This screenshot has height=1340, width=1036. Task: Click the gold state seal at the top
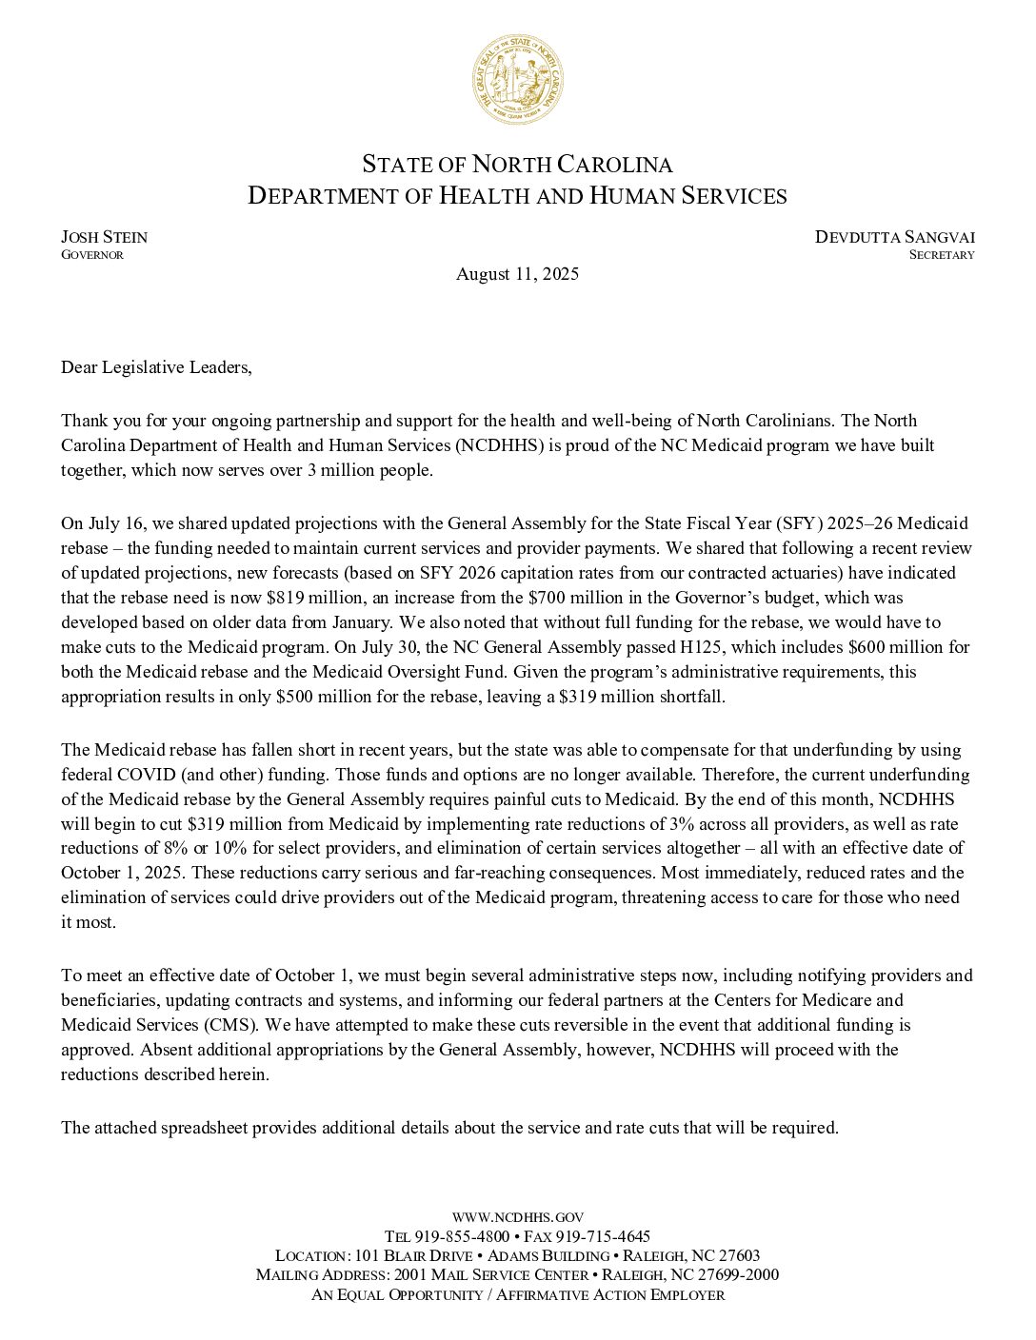click(x=517, y=78)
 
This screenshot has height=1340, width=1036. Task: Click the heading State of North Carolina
click(x=517, y=164)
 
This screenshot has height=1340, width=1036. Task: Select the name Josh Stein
click(x=105, y=237)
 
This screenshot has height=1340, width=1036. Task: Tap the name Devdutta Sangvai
click(x=894, y=237)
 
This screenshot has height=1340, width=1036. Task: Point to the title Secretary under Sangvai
click(x=941, y=255)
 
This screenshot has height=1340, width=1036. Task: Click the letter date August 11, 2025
click(x=517, y=274)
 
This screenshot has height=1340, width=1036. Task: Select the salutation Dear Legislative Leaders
click(x=157, y=367)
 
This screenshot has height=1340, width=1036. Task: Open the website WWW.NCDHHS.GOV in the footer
click(x=517, y=1216)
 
